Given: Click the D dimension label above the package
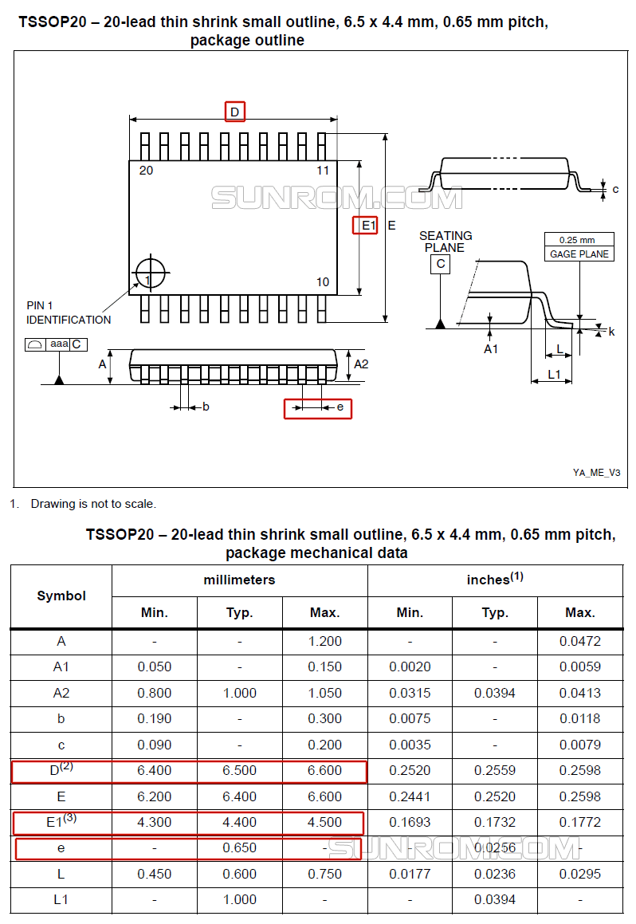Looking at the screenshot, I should tap(235, 112).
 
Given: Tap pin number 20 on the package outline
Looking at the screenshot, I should tap(146, 171).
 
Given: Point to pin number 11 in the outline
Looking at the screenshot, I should tap(323, 171).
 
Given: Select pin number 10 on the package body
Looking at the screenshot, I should tap(323, 281).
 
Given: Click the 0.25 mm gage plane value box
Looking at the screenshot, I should tap(579, 240).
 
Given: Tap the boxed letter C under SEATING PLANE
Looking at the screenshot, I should tap(440, 264).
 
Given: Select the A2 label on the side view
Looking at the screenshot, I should tap(361, 364).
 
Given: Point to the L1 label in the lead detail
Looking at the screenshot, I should tap(554, 374).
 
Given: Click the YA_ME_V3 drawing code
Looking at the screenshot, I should tap(596, 473).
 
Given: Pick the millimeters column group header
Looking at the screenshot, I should tap(239, 580).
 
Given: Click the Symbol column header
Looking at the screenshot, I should tap(61, 596).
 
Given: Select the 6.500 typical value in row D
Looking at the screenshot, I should tap(240, 771).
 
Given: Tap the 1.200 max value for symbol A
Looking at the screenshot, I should tap(324, 641).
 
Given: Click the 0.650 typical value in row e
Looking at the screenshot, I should tap(240, 848).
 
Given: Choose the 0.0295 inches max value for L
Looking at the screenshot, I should tap(579, 874).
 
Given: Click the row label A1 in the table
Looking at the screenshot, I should tap(61, 667).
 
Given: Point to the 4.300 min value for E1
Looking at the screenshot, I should tap(155, 823).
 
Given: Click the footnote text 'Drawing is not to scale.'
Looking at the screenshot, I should tap(93, 504).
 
